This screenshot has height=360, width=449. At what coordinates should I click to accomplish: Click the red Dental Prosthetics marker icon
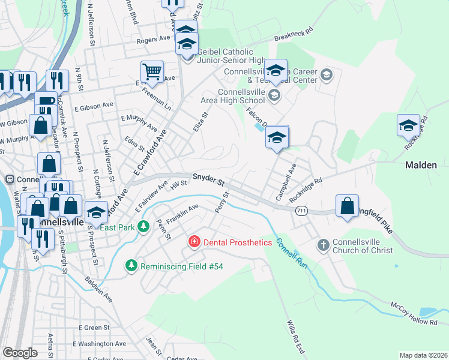coord(194,242)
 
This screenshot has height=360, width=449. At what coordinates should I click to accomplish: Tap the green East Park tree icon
coord(143,226)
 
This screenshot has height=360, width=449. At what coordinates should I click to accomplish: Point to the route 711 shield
coord(302,210)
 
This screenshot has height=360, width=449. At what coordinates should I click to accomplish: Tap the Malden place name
coord(421,164)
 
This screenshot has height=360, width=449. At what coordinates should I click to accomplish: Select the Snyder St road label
coord(208,179)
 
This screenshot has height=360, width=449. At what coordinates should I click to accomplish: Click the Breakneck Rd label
coord(294,35)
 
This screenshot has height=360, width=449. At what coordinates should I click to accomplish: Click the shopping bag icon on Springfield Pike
coord(347,206)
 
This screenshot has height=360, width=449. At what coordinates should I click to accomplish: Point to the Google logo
coord(20,353)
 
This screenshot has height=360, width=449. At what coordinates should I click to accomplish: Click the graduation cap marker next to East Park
coord(95,212)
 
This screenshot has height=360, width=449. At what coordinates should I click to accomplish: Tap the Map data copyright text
coord(423,355)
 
